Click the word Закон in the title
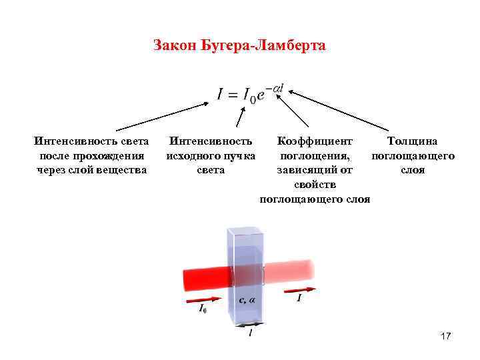[x=171, y=46]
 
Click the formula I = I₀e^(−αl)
[x=253, y=94]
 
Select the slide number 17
[x=446, y=337]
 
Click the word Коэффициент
[x=314, y=141]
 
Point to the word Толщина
[x=413, y=141]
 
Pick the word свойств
[x=314, y=185]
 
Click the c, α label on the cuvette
[x=247, y=300]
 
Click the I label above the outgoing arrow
[x=299, y=298]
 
